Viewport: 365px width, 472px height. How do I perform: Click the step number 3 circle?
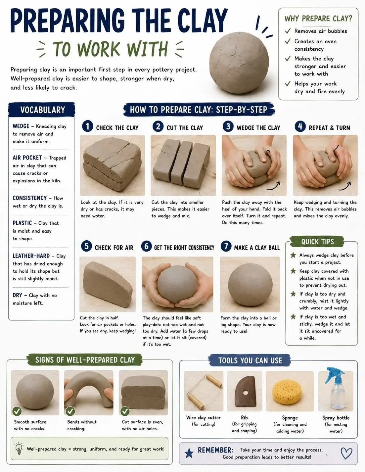pos(228,126)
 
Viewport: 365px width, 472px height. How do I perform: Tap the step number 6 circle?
pos(146,246)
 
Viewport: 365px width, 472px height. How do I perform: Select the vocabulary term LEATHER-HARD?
pos(31,256)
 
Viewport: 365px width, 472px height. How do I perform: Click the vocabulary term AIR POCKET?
pos(27,158)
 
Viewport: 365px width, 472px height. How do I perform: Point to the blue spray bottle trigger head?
pos(334,374)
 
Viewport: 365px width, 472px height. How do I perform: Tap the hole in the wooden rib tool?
pos(246,393)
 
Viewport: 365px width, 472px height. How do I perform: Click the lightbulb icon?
pos(19,449)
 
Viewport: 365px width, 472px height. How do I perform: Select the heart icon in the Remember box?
pos(346,453)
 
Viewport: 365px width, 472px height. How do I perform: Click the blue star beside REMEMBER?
pos(189,453)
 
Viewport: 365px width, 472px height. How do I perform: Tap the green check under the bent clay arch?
pos(70,411)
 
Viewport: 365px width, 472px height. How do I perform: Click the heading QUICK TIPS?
pos(317,242)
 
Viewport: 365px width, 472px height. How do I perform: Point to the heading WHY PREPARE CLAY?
pos(318,19)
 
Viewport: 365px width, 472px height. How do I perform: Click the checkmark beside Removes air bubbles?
pos(288,31)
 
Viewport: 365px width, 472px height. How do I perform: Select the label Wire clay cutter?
pos(203,417)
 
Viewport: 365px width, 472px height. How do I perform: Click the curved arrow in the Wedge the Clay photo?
pos(273,186)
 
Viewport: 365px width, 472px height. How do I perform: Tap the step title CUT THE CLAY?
pos(185,128)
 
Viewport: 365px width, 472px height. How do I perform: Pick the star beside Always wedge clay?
pos(293,255)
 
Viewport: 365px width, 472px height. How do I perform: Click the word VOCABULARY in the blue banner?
pos(43,110)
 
